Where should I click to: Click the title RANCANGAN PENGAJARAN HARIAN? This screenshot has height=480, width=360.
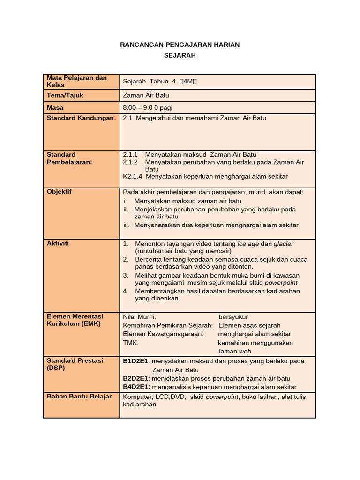click(180, 45)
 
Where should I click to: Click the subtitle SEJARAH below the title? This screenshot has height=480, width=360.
click(180, 55)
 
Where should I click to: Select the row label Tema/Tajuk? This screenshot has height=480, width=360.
click(65, 95)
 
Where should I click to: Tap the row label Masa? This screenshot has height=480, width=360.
click(55, 107)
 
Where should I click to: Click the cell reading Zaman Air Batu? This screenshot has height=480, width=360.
click(146, 95)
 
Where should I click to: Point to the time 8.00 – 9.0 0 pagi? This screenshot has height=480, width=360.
click(148, 107)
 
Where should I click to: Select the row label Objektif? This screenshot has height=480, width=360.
click(59, 192)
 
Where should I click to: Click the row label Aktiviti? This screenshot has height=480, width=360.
click(58, 243)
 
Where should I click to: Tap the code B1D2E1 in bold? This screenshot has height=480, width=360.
click(135, 361)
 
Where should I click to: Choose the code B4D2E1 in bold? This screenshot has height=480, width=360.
click(136, 387)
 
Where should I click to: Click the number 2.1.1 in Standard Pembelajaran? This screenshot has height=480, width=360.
click(130, 154)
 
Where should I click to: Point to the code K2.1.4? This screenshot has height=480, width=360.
click(133, 176)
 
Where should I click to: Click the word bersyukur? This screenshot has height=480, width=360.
click(233, 317)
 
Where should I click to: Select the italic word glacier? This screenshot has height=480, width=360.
click(284, 244)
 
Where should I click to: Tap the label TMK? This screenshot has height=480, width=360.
click(131, 343)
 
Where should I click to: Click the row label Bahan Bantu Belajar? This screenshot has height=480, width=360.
click(79, 396)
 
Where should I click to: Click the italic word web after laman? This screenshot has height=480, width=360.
click(245, 351)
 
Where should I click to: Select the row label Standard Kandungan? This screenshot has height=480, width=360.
click(81, 118)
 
